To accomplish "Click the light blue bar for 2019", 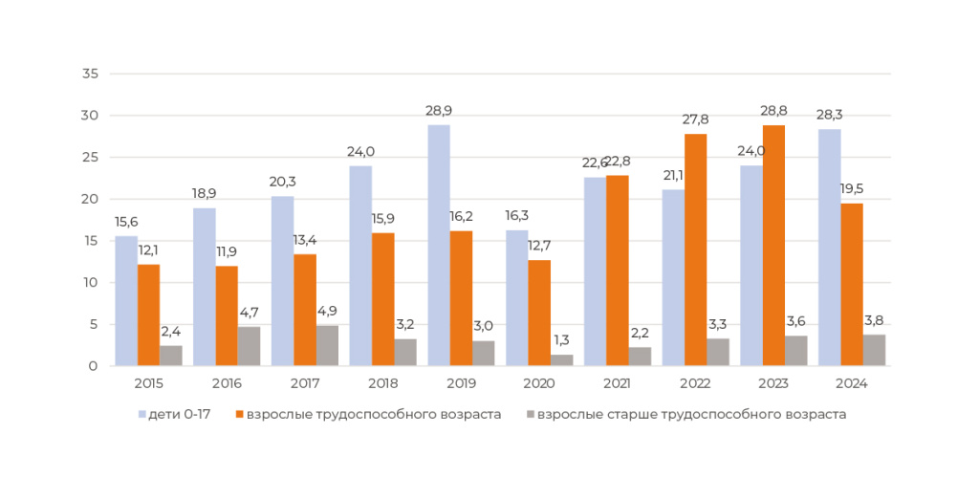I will pos(438,246).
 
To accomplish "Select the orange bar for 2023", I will pos(773,246).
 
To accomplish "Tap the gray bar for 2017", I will pos(327,346).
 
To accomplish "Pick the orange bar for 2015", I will pos(148,315).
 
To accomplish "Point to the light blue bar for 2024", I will pos(829,248).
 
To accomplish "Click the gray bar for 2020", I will pos(561,360).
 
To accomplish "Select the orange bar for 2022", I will pos(695,249).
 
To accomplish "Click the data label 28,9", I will pos(439,112).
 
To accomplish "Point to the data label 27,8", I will pos(695,119).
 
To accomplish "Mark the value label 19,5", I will pos(852,189).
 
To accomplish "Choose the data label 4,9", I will pos(327,312).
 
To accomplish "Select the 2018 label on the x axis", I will pos(382,383).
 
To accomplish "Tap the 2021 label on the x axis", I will pos(617,383).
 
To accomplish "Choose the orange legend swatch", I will pos(239,415).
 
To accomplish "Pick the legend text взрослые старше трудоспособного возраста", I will pos(691,415).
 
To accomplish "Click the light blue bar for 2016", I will pos(205,287).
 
